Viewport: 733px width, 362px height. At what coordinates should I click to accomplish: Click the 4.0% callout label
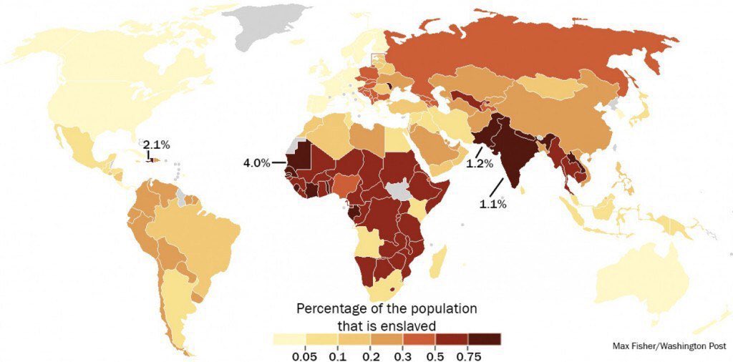[x=256, y=163]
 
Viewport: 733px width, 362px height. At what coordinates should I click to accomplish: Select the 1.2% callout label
[x=480, y=163]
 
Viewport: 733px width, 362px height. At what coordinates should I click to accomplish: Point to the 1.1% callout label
[x=492, y=204]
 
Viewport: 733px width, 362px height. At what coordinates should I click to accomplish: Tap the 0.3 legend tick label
[x=404, y=356]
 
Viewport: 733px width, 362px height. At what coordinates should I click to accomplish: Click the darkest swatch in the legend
[x=485, y=339]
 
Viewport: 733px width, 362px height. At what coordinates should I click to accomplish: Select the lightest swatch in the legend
[x=290, y=339]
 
